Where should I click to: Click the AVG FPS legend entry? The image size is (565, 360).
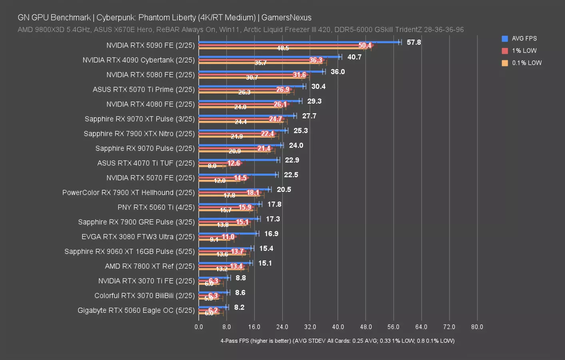pos(524,38)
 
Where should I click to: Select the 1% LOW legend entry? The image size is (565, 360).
pos(524,51)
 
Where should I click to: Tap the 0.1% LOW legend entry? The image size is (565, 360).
pos(526,63)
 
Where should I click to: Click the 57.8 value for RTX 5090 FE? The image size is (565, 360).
pos(413,42)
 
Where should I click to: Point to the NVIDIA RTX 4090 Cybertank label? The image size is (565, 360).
pos(138,60)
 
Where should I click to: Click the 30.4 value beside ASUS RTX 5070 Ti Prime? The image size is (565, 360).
pos(318,86)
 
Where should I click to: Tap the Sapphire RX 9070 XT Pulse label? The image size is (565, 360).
pos(140,119)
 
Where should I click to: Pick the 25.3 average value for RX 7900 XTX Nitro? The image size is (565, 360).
pos(301,131)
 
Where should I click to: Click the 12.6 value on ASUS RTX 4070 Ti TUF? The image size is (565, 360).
pos(234,163)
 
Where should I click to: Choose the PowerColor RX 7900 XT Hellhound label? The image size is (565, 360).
pos(128,192)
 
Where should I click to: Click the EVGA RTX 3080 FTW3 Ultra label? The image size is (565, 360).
pos(138,237)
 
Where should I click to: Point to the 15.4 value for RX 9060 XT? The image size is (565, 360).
pos(266,248)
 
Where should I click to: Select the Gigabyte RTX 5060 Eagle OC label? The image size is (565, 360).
pos(136,310)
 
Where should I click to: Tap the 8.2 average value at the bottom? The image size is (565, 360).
pos(239,307)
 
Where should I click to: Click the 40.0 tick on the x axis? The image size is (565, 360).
pos(338,327)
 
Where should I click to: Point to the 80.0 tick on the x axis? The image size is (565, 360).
pos(477,327)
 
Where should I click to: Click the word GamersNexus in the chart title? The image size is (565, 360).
pos(286,18)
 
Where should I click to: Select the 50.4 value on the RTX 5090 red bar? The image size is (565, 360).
pos(365,46)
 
